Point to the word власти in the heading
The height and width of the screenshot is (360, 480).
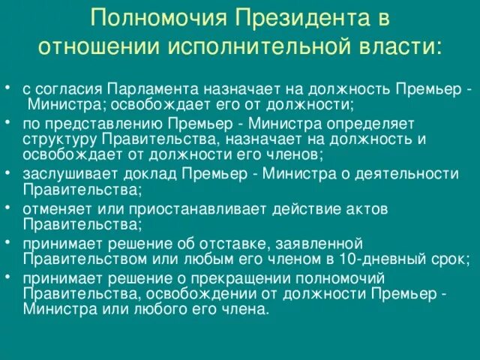[x=399, y=46]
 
